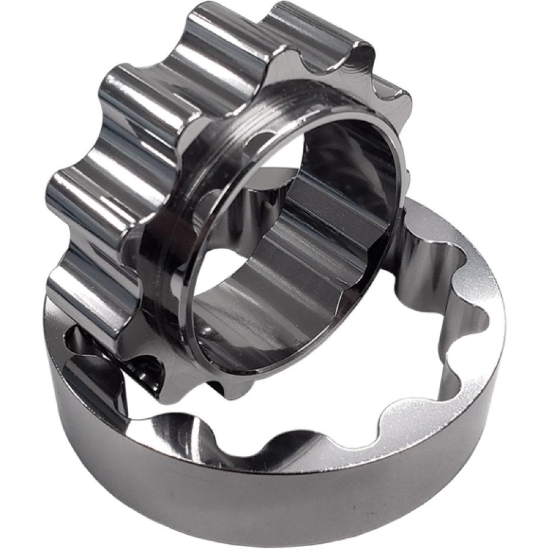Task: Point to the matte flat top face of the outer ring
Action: [x=473, y=308]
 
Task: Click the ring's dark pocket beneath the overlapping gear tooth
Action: [x=83, y=343]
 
